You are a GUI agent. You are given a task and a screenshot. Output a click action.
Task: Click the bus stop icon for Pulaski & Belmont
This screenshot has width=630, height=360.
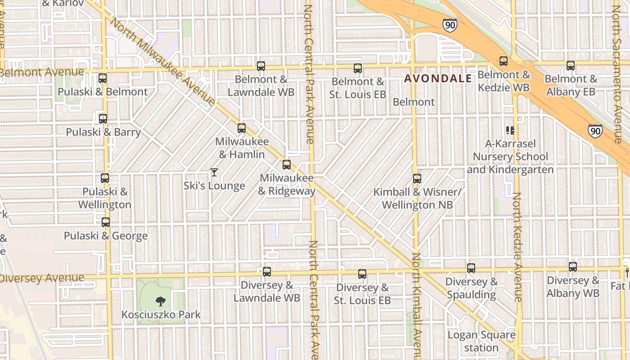103,78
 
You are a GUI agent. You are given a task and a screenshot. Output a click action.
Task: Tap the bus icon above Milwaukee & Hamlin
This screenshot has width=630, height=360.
242,128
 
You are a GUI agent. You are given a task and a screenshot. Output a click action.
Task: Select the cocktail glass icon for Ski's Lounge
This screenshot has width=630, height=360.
214,172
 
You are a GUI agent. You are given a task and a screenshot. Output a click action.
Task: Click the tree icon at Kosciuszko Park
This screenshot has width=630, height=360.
160,301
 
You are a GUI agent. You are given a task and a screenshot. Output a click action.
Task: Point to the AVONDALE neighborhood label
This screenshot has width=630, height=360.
438,79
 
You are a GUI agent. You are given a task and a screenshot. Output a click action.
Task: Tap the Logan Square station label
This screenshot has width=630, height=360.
481,341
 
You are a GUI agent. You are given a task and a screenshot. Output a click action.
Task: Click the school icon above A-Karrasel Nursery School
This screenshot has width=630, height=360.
510,130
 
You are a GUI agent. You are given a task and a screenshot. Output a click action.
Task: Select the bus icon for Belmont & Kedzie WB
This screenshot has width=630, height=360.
504,61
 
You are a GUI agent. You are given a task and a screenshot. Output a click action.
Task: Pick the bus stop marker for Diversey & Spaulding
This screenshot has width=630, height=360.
471,268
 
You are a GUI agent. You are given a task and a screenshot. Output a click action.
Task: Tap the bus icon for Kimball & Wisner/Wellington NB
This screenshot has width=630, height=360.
417,178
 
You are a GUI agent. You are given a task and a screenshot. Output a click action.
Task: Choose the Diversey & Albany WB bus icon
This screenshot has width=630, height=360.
573,266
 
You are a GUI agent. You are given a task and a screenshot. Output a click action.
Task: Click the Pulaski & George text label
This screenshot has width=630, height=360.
106,236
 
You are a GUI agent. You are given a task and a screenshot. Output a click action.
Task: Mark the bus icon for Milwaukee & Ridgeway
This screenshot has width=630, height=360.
287,165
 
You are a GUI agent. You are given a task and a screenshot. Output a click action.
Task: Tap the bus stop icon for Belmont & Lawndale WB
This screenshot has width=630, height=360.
261,66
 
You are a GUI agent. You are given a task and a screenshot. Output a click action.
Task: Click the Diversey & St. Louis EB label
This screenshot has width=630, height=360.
362,294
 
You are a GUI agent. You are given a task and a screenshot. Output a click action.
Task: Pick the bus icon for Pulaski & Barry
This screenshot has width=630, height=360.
103,119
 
